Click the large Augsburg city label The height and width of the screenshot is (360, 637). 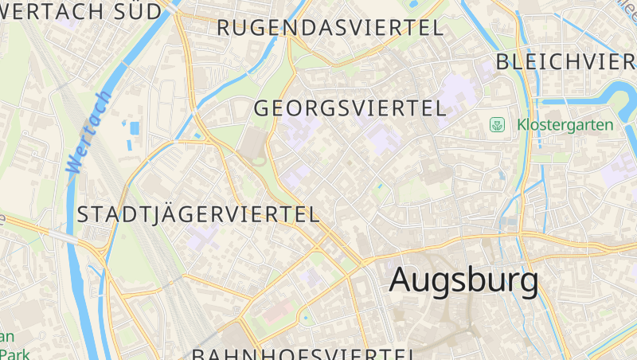coord(463,280)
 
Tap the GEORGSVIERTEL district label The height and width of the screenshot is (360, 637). coord(350,108)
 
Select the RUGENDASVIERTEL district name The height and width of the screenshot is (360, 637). coord(330,28)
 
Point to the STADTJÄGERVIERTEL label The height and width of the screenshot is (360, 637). coord(198,214)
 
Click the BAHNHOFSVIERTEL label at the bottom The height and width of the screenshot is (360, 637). coord(303,354)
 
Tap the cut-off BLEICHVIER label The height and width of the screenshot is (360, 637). coord(565,62)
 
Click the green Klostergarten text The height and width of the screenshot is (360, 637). coord(565,125)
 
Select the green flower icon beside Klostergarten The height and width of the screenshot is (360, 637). coord(498,125)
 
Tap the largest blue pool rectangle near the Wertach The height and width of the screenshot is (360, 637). coord(134,127)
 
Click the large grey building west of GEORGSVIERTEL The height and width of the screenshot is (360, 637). coord(253,147)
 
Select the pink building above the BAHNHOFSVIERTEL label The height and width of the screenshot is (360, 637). coord(275,311)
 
